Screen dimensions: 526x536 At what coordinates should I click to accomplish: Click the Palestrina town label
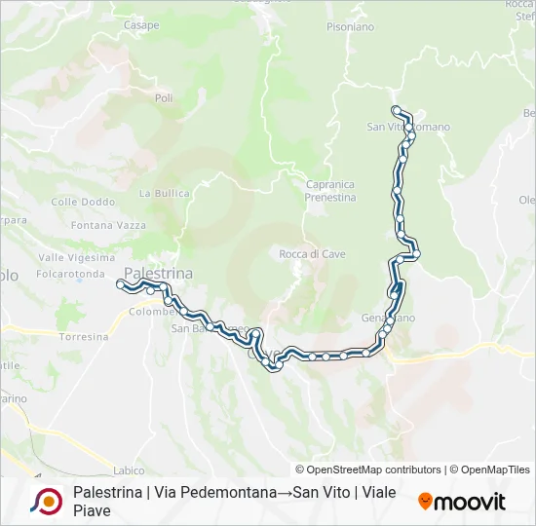pos(159,273)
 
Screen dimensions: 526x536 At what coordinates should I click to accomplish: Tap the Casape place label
pos(141,25)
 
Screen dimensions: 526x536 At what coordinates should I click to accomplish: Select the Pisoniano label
pos(350,27)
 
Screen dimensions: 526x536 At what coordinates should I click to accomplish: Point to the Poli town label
pos(163,98)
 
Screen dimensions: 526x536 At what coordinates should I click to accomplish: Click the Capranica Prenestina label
pos(329,190)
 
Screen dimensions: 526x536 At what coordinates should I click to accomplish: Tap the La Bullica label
pos(164,193)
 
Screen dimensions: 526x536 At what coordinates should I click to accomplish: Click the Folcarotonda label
pos(70,274)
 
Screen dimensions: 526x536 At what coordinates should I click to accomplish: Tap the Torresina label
pos(84,336)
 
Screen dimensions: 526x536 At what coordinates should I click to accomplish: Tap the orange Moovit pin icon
pos(425,502)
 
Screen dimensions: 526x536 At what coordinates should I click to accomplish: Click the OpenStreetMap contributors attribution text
pos(368,470)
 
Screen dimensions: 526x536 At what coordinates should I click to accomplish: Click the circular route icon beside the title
pos(46,501)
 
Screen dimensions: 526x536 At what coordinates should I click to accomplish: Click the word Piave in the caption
pos(93,510)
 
